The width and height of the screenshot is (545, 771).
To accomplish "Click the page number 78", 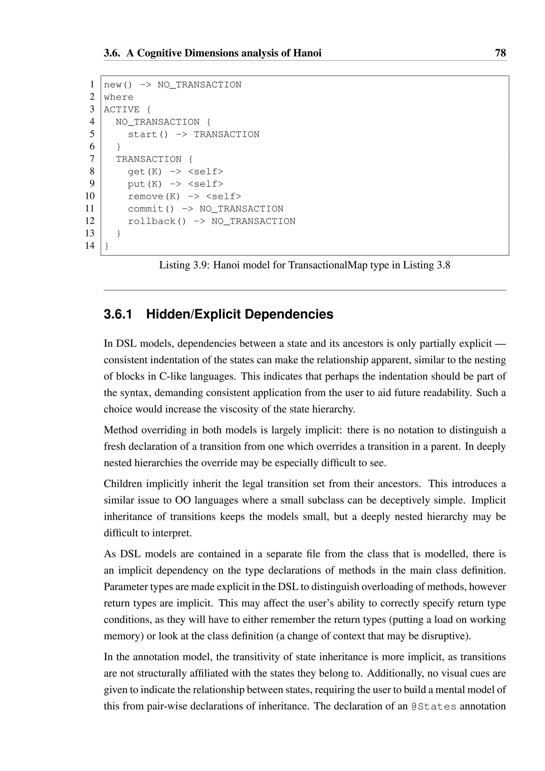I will point(500,53).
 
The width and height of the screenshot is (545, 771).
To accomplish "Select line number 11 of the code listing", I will point(90,208).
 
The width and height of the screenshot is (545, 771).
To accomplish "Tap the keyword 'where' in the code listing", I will point(118,97).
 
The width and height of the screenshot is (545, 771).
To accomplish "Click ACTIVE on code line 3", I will point(122,110).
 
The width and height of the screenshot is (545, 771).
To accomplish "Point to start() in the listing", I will point(148,135).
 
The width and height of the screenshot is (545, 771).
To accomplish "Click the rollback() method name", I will point(157,221).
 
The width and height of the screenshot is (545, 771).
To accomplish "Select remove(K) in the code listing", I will point(154,196).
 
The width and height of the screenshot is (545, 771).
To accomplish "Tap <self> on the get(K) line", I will point(205,172).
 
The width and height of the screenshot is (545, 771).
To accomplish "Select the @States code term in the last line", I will point(433,706).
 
